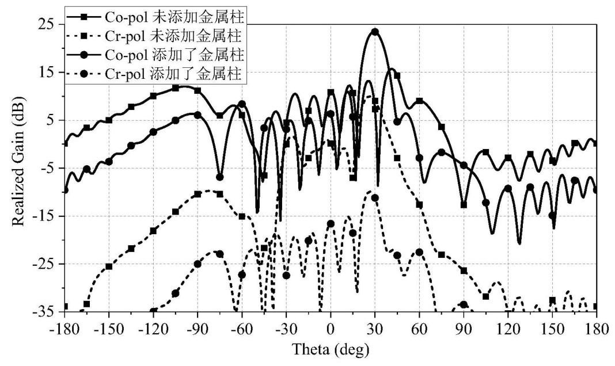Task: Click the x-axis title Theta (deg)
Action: click(x=331, y=348)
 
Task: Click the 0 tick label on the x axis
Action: click(x=331, y=329)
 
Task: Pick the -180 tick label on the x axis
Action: click(x=64, y=329)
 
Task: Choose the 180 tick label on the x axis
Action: click(x=596, y=329)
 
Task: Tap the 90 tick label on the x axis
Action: click(x=464, y=329)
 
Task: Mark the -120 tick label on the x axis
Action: click(x=153, y=329)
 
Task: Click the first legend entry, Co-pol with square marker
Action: click(x=155, y=17)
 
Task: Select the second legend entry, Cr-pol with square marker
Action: click(x=155, y=36)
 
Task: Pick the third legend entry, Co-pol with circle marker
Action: click(x=155, y=55)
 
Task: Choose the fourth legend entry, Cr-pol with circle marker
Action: click(x=155, y=73)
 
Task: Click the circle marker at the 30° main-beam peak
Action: click(x=375, y=32)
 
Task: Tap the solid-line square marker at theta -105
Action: click(x=175, y=88)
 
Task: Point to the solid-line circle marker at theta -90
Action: click(x=198, y=115)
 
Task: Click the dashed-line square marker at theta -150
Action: click(x=109, y=266)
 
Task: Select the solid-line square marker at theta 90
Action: click(x=464, y=205)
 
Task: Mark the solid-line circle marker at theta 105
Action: click(x=485, y=203)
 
